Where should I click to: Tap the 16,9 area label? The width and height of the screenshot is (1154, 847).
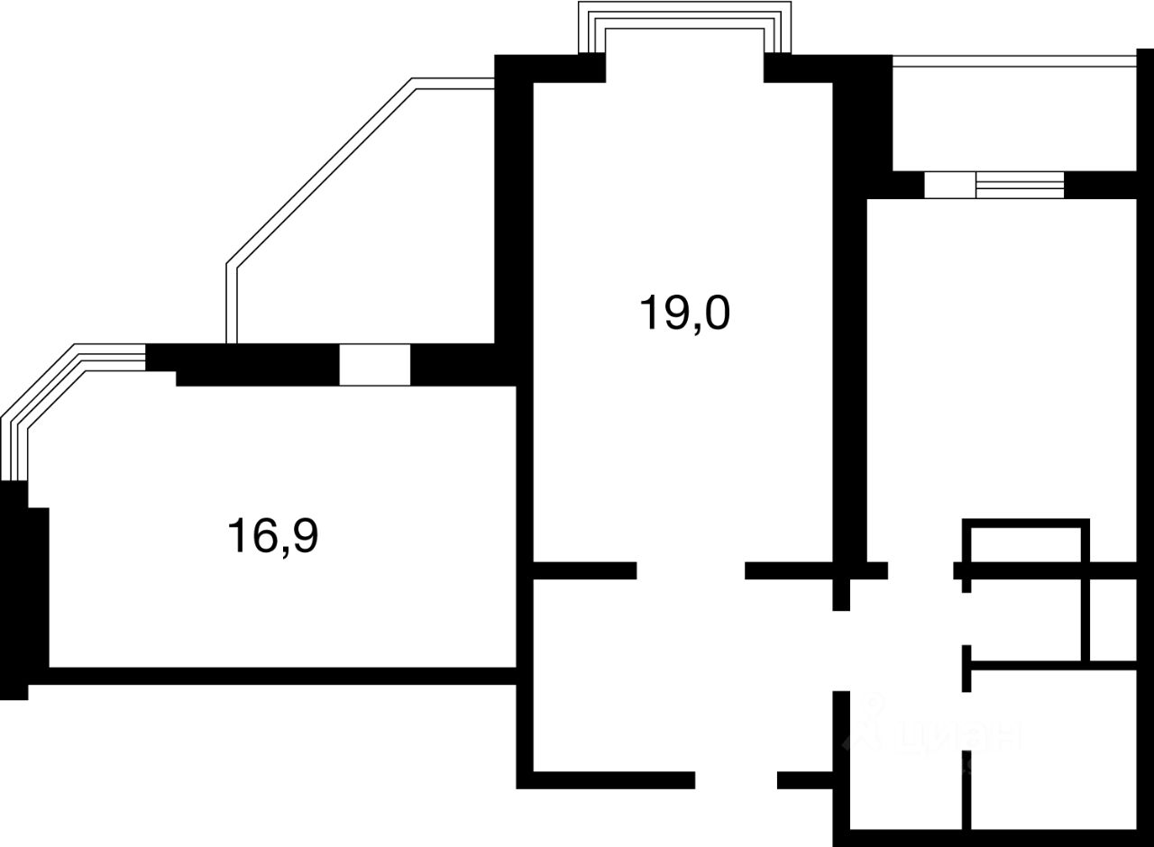click(274, 538)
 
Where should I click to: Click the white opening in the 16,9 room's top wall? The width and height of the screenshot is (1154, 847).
click(374, 365)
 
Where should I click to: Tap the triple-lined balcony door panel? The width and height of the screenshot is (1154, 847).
click(1020, 185)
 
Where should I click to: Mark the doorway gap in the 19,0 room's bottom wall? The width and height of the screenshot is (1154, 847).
click(691, 570)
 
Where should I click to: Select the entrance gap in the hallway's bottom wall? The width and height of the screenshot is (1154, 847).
click(736, 780)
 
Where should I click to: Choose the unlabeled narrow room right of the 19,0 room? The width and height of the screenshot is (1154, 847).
click(1001, 360)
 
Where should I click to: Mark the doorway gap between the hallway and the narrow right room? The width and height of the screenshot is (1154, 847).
click(920, 570)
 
